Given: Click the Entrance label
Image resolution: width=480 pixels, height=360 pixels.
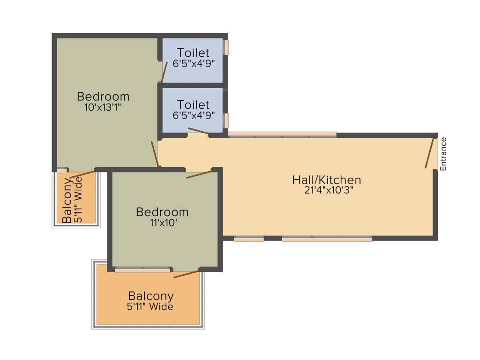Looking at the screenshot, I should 443,153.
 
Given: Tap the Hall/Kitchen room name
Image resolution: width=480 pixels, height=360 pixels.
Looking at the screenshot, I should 327,180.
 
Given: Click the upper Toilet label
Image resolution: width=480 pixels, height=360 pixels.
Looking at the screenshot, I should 193,53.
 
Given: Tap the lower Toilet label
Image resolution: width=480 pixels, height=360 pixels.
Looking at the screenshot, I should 193,105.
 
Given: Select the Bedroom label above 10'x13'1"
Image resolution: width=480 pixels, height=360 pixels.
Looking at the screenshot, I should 103,97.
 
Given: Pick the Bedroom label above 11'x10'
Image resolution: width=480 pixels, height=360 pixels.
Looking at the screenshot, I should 162,212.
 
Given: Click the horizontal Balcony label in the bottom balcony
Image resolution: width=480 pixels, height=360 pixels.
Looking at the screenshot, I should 151,296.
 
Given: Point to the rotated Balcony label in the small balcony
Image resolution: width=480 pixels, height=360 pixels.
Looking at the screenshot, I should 68,199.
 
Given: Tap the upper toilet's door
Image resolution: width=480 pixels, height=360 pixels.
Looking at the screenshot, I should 164,71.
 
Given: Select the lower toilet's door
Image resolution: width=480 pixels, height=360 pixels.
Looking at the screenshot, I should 198,131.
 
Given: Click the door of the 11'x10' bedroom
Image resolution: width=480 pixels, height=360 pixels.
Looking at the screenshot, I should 199,174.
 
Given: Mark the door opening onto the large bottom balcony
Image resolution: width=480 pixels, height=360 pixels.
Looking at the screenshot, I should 187,274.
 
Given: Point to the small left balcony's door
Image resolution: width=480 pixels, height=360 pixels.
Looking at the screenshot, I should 82,175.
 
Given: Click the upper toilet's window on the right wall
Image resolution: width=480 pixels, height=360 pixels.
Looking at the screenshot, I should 226,47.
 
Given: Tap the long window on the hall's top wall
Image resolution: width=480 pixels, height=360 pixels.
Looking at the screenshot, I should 282,135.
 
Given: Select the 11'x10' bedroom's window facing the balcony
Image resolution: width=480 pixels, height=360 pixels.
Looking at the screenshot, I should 142,270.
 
